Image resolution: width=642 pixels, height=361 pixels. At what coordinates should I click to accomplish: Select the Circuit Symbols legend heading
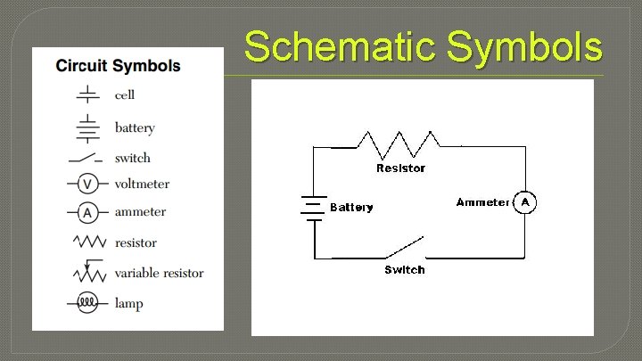point(118,66)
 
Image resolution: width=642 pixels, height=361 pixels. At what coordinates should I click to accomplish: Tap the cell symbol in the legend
point(87,94)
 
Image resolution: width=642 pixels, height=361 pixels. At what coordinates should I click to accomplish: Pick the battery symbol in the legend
point(87,127)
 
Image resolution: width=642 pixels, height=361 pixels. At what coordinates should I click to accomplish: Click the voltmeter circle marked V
point(87,184)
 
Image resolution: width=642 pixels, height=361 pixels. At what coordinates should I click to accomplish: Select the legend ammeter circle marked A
point(87,212)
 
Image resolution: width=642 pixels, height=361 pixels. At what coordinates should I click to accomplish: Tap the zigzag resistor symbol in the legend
point(88,242)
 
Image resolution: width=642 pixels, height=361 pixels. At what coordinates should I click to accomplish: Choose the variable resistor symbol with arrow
point(88,271)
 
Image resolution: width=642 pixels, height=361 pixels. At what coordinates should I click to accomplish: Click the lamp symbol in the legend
point(87,303)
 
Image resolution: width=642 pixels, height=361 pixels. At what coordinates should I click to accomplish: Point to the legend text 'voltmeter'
point(142,185)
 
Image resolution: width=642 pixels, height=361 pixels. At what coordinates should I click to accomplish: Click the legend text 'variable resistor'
point(159,273)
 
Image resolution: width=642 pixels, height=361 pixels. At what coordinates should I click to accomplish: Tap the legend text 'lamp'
point(128,304)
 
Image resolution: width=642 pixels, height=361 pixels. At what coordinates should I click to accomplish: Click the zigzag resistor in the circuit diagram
point(399,143)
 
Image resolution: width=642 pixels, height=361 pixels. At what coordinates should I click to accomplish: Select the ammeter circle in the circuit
point(525,203)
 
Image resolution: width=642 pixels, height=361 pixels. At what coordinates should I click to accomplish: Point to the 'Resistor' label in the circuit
point(400,168)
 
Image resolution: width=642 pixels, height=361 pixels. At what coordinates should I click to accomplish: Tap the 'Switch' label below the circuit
point(404,269)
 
